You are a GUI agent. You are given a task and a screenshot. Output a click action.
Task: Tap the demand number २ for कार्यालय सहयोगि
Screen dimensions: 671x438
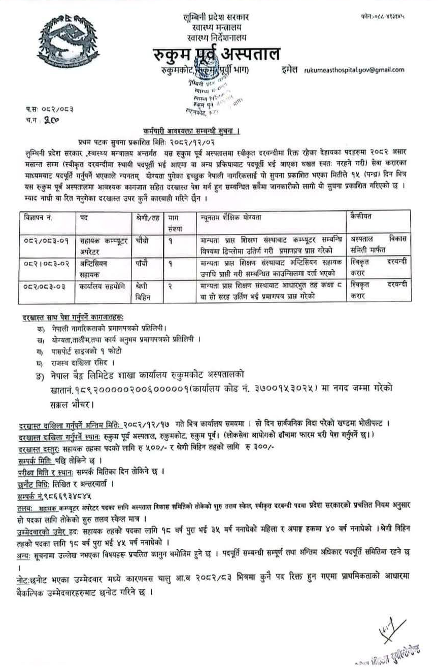tap(171, 287)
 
